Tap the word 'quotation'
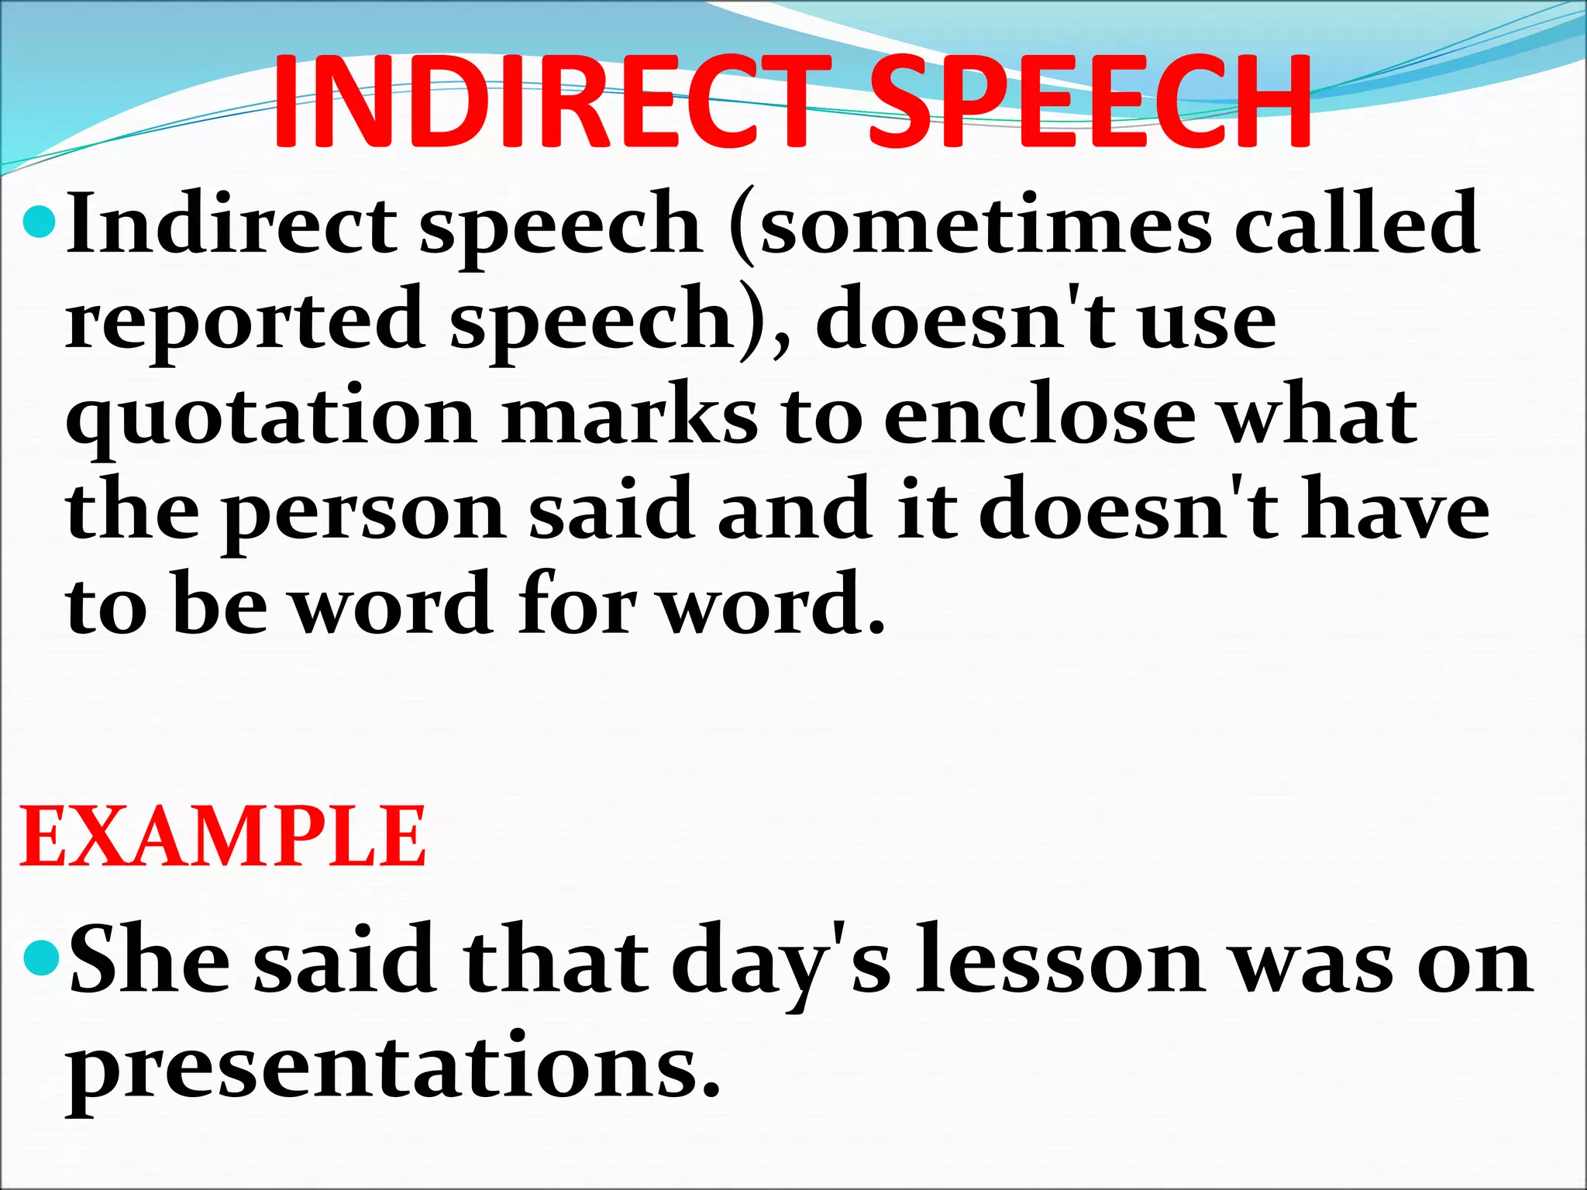[x=271, y=418]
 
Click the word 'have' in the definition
[x=1394, y=511]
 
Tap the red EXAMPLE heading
[x=223, y=837]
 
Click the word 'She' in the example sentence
[x=150, y=961]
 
